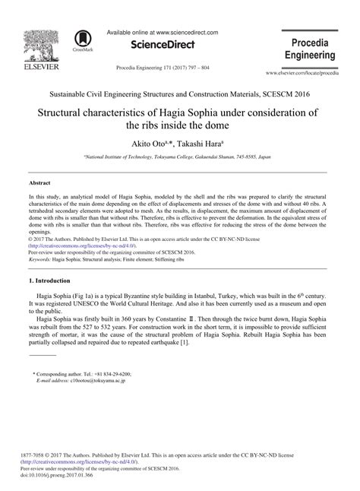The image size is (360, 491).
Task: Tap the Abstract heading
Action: (41, 183)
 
